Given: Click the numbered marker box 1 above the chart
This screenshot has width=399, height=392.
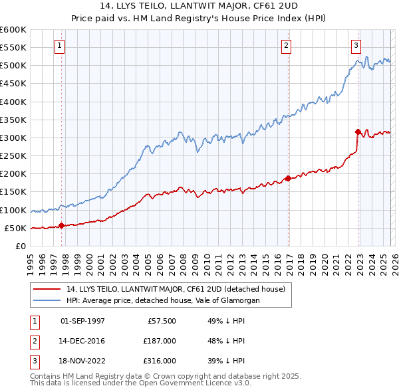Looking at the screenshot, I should [60, 46].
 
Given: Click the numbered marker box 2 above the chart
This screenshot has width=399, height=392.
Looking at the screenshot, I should [286, 46].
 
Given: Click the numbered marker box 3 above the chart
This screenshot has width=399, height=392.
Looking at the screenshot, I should [356, 46].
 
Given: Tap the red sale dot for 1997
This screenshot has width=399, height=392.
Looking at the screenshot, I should [61, 225].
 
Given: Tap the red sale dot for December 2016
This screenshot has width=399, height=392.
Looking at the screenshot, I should [288, 178].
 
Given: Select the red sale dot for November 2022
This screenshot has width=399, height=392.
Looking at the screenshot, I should [358, 132].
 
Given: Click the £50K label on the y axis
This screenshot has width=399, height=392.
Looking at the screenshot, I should [16, 228].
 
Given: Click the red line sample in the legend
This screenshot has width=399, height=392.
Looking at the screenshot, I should [47, 289].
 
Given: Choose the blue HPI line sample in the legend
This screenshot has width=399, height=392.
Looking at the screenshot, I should [47, 300].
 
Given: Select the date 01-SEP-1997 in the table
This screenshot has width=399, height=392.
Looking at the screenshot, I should [82, 321].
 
